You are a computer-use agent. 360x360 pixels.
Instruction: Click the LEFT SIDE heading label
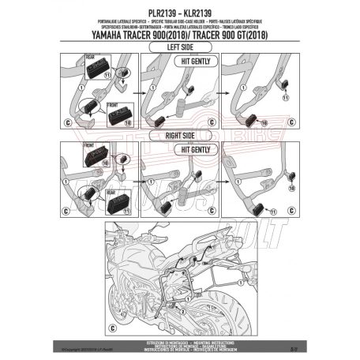(x=180, y=47)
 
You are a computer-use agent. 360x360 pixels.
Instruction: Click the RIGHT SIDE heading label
(x=180, y=133)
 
